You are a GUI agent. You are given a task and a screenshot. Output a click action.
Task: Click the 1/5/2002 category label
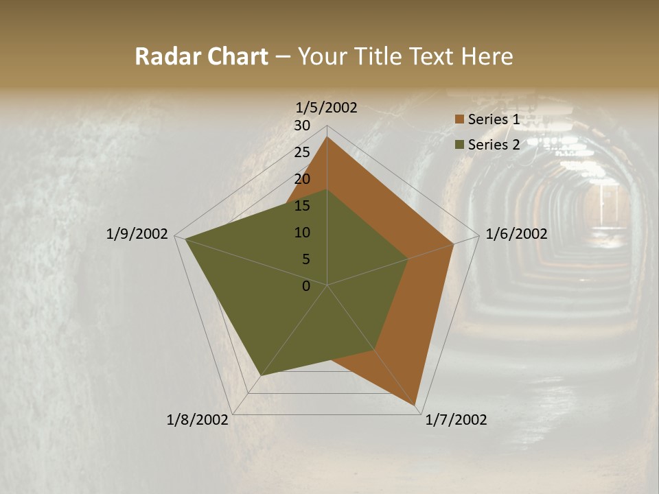click(326, 108)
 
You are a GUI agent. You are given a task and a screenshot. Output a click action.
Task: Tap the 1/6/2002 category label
click(516, 234)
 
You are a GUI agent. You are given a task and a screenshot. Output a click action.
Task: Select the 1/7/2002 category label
click(456, 420)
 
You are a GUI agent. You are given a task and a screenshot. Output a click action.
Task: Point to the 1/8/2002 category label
click(198, 420)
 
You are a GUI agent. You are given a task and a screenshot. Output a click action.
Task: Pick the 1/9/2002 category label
click(137, 234)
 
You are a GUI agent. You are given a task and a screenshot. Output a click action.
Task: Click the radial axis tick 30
click(302, 126)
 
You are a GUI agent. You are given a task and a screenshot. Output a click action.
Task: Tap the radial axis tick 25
click(302, 152)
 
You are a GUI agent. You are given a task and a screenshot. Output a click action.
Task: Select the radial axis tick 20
click(302, 179)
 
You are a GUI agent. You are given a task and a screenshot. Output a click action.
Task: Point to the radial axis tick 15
click(302, 206)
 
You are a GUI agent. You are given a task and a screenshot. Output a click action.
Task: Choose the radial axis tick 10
click(302, 233)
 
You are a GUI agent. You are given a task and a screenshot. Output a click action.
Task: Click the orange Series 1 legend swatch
click(460, 120)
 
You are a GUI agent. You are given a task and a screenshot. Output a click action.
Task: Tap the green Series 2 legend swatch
click(460, 145)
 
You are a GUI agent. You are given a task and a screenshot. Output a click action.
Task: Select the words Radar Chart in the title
click(201, 56)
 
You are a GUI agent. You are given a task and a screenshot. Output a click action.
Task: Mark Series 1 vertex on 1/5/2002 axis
click(327, 137)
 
